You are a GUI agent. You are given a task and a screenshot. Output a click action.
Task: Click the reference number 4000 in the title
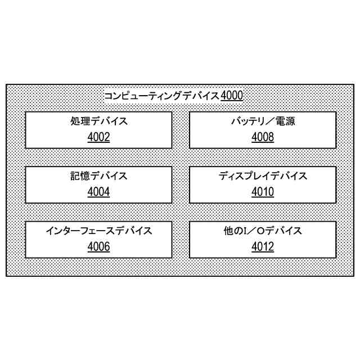pos(232,96)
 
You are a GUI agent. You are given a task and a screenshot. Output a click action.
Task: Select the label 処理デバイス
pos(99,121)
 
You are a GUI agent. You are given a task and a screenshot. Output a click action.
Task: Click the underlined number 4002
pos(99,137)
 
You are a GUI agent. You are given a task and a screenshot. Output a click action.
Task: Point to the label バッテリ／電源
pos(263,121)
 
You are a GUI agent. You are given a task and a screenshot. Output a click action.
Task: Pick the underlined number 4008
pos(263,137)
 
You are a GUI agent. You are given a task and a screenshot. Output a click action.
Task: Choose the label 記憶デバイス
pos(99,175)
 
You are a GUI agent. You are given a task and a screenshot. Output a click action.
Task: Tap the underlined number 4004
pos(99,192)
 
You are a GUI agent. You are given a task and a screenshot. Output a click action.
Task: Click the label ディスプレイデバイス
pos(263,175)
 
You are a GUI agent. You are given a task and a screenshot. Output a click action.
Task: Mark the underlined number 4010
pos(263,192)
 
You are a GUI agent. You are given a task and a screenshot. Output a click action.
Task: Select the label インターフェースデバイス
pos(99,230)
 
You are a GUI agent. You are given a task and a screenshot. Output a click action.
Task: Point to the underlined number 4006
pos(99,246)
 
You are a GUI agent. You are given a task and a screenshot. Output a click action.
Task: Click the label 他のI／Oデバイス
pos(263,230)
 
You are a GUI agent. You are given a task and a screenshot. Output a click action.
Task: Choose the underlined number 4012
pos(263,246)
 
